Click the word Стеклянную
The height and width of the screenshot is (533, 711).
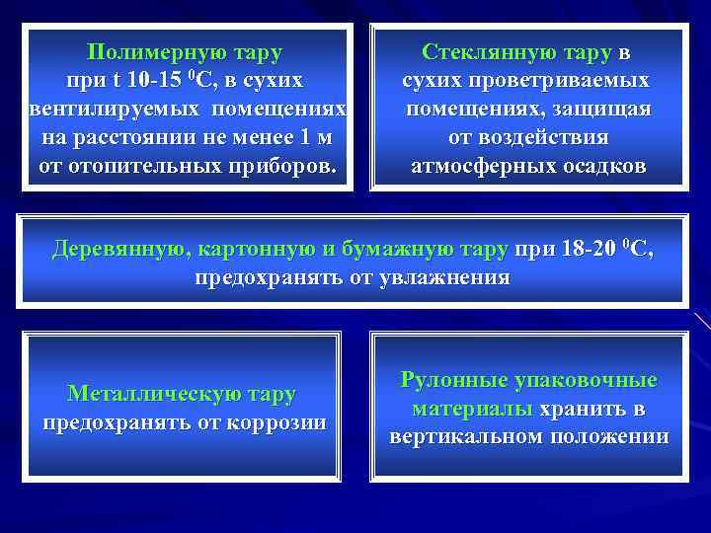coord(476,51)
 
